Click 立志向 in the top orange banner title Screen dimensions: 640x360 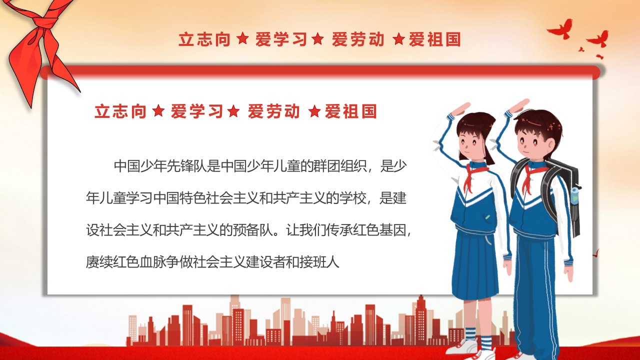[x=204, y=39]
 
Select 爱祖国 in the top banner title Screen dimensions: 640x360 [x=434, y=39]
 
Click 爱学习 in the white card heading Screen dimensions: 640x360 [x=197, y=111]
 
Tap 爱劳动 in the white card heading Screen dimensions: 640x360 [x=273, y=111]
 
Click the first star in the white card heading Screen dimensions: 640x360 [x=158, y=111]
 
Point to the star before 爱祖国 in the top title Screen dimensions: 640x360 [x=399, y=39]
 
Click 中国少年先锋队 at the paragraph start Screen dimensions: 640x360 [x=160, y=166]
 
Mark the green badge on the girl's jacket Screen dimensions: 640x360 [x=487, y=217]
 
